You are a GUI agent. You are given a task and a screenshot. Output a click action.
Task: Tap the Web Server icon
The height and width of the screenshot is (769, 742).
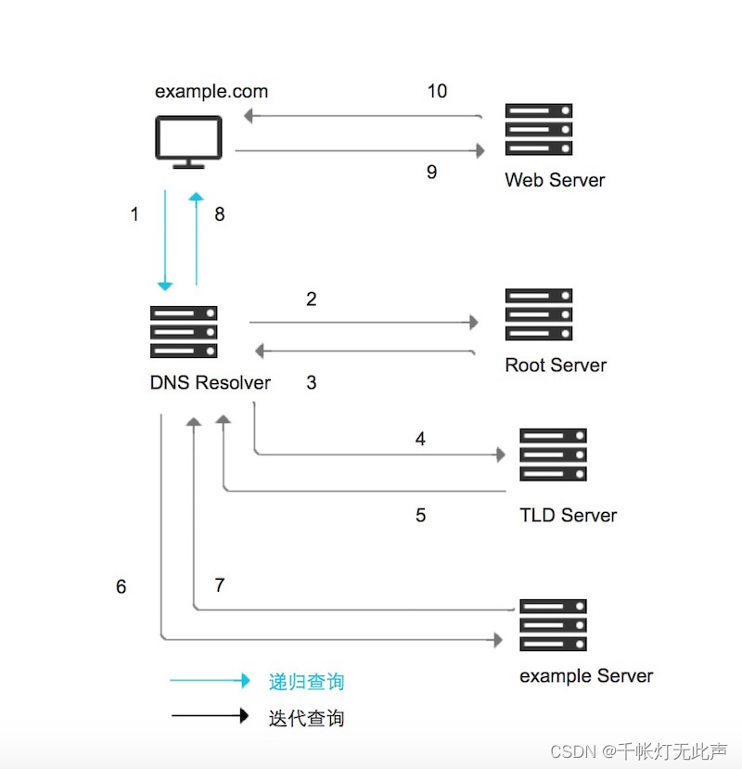(538, 129)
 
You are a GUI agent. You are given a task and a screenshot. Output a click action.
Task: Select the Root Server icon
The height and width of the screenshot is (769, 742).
(538, 314)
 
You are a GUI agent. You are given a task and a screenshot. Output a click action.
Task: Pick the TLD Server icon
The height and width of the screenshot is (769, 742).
(553, 455)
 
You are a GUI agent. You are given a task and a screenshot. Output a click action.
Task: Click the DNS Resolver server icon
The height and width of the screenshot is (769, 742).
(184, 332)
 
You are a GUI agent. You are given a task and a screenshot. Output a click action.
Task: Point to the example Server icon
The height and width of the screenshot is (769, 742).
(553, 626)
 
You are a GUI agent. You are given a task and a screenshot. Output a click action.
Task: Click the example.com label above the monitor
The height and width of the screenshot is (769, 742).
(211, 91)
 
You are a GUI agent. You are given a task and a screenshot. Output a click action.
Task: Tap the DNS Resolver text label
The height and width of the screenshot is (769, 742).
(211, 382)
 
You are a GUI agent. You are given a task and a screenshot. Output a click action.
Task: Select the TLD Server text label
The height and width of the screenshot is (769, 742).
(568, 515)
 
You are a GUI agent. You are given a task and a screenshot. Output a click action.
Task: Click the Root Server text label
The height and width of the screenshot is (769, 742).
(556, 365)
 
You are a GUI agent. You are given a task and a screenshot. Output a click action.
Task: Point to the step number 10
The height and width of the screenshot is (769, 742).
(437, 91)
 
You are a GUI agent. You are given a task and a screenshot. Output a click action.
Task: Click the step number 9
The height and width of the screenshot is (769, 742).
(431, 172)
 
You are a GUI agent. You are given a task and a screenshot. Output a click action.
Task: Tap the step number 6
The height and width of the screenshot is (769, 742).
(122, 587)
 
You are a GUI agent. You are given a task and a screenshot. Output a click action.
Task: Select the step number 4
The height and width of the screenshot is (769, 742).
(420, 439)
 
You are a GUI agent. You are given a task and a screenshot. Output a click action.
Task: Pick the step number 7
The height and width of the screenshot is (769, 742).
(220, 585)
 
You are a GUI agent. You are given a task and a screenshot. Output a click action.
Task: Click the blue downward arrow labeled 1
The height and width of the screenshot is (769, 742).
(165, 241)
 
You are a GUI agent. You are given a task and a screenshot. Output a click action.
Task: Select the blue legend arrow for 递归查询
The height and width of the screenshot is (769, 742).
(210, 681)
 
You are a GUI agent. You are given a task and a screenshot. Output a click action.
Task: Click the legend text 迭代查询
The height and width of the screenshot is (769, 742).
(306, 717)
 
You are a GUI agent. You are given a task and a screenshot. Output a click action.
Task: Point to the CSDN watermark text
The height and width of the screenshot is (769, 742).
(638, 750)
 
